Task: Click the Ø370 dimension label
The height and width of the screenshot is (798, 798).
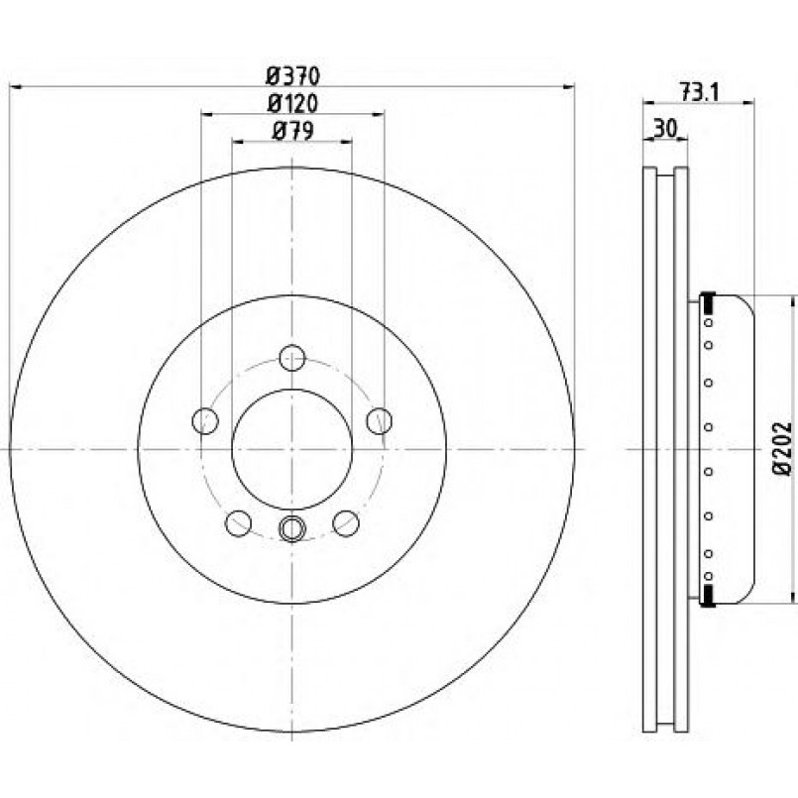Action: [292, 76]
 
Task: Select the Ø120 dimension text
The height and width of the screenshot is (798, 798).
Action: [292, 104]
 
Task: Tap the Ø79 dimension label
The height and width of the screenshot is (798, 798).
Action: [292, 131]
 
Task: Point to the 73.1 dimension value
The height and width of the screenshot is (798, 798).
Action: [698, 92]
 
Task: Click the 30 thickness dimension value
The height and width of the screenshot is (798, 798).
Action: [665, 129]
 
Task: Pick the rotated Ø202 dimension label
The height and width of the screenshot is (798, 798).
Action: [783, 448]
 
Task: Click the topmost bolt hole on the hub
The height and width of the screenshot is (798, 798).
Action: [292, 357]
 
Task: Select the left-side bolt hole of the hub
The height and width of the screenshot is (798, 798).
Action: [205, 421]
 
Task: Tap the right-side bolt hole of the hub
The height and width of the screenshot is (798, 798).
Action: [379, 421]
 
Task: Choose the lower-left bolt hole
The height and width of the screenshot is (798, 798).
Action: [238, 523]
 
